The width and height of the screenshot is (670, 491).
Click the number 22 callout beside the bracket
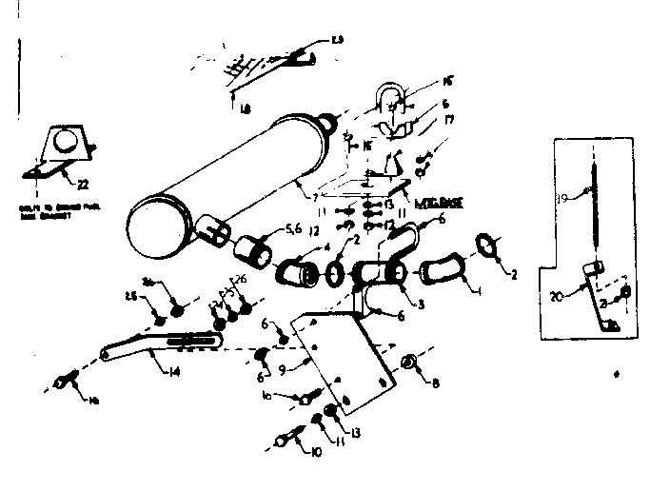coord(82,184)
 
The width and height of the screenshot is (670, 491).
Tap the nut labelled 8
coord(408,362)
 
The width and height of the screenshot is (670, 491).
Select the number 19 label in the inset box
coord(562,198)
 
